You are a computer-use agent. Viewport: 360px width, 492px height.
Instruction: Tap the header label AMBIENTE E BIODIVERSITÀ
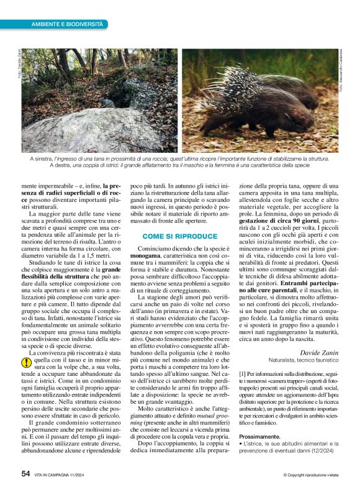[x=67, y=24]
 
